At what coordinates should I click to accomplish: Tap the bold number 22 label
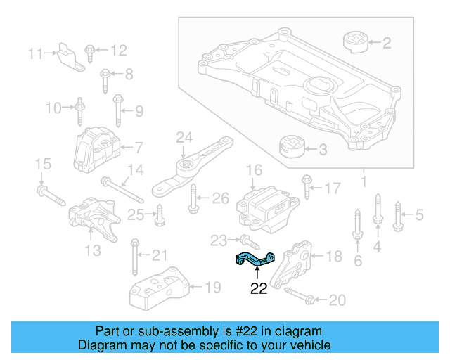[x=259, y=288]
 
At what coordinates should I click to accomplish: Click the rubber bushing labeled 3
[x=292, y=148]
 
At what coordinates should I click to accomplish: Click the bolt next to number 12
[x=91, y=51]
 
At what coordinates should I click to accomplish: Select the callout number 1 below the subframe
[x=364, y=184]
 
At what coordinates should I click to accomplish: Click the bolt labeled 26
[x=193, y=201]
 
